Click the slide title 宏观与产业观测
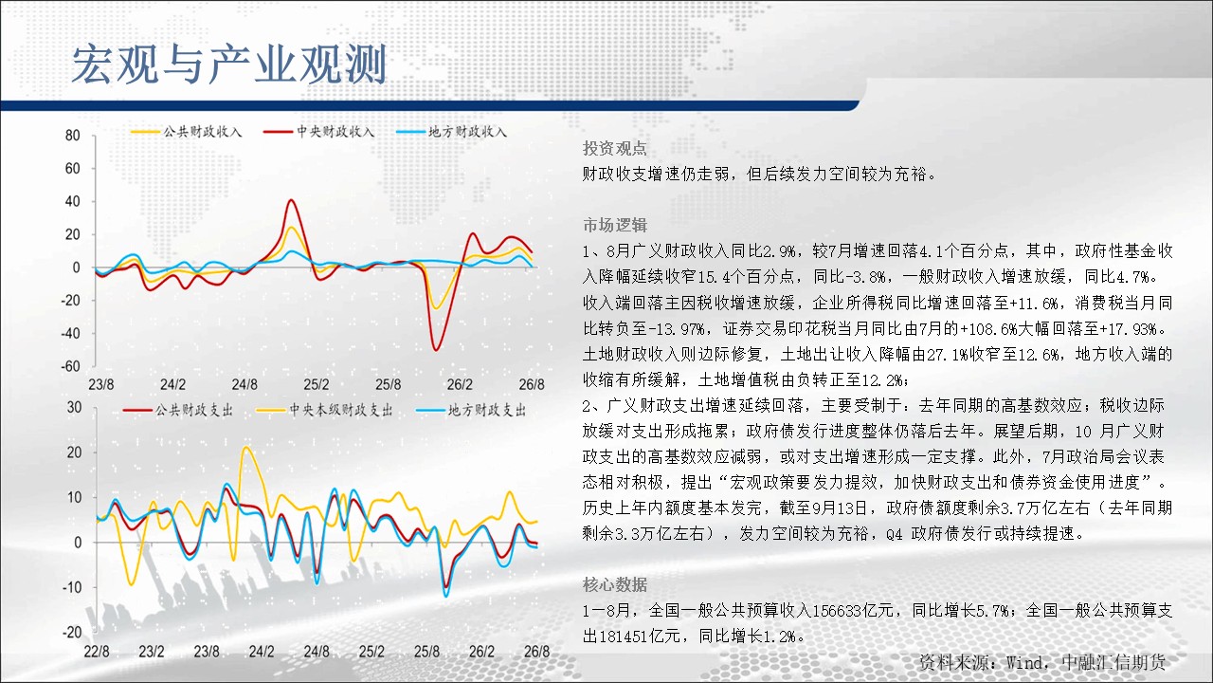point(229,65)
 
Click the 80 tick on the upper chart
point(73,136)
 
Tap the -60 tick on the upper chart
point(70,366)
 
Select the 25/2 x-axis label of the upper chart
point(317,385)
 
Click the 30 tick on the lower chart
point(74,408)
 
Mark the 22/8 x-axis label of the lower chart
point(97,652)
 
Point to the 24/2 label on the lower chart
point(261,652)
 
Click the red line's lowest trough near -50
point(436,350)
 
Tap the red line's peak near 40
point(292,200)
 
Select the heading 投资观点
point(615,149)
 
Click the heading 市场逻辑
point(615,225)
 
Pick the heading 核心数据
point(615,585)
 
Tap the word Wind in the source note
point(1024,662)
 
